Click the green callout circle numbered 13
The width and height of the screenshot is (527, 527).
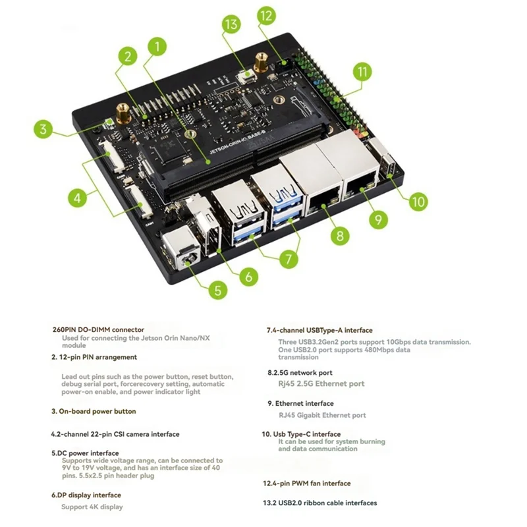(231, 24)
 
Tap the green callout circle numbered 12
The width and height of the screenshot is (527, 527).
(267, 16)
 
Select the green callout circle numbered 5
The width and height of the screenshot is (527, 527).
(217, 290)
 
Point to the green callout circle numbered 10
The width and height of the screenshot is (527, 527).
(418, 202)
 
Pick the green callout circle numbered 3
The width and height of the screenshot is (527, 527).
(43, 129)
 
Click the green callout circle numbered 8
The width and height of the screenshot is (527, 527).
(340, 236)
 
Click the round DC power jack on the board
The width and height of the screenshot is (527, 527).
(187, 260)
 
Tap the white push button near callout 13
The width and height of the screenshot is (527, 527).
(248, 74)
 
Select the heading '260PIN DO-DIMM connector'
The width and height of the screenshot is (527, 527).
(98, 330)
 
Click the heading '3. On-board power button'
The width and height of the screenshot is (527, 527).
(94, 411)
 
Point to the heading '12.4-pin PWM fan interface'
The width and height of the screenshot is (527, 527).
(306, 484)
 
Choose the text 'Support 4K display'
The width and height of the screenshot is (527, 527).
(92, 507)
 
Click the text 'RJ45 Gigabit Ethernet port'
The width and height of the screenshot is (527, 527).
(322, 416)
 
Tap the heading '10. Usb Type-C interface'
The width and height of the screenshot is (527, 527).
(301, 434)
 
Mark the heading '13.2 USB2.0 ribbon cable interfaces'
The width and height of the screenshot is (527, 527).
(319, 503)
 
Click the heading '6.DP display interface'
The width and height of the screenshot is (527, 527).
(86, 495)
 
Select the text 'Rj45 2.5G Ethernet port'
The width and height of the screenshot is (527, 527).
(321, 384)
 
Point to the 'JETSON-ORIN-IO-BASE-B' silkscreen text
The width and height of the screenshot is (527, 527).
(238, 144)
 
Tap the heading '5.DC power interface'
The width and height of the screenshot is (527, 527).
(85, 453)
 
